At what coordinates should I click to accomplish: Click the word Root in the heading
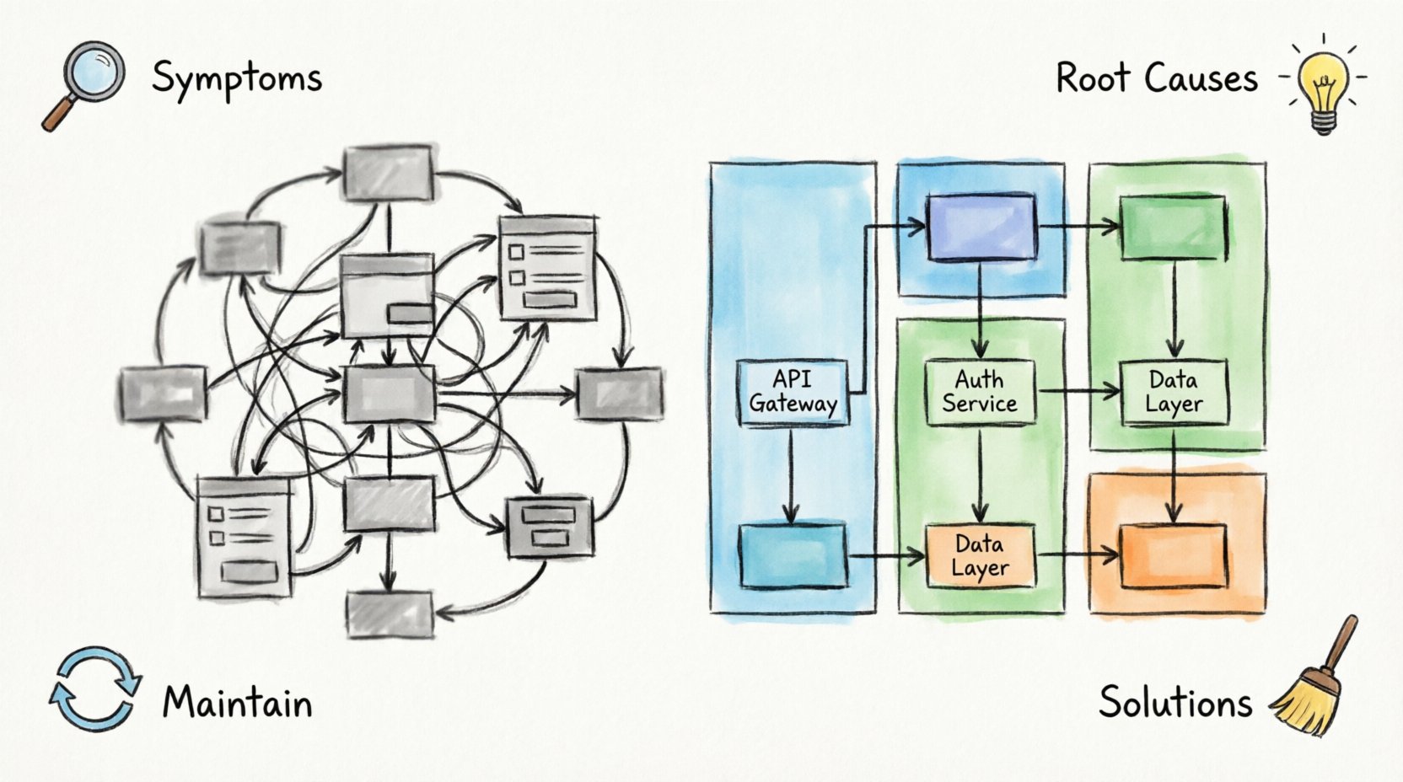(x=1092, y=78)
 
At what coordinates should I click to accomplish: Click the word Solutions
(x=1175, y=702)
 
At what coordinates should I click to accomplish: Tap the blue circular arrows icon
(x=94, y=688)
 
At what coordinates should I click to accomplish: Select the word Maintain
(x=238, y=703)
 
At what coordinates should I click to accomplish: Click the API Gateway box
(x=793, y=392)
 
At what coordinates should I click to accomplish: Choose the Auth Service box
(x=980, y=392)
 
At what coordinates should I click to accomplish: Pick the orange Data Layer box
(x=980, y=556)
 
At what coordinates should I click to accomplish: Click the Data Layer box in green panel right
(x=1174, y=392)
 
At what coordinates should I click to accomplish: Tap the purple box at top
(x=980, y=228)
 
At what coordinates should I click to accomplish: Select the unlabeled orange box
(x=1173, y=556)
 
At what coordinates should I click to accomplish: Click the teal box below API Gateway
(x=793, y=556)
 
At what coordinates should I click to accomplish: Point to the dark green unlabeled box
(x=1173, y=228)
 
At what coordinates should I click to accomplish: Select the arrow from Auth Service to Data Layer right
(x=1078, y=391)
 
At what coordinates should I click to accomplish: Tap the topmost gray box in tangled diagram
(x=389, y=173)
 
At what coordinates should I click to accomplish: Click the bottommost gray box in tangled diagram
(x=390, y=613)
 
